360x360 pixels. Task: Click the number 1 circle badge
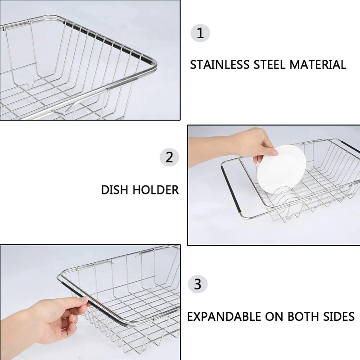click(x=200, y=33)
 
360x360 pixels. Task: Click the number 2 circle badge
click(x=169, y=157)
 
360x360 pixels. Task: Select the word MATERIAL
click(x=318, y=64)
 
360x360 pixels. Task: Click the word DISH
click(x=115, y=190)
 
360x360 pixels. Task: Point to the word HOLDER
click(x=155, y=190)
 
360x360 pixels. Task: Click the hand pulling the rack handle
click(x=54, y=317)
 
